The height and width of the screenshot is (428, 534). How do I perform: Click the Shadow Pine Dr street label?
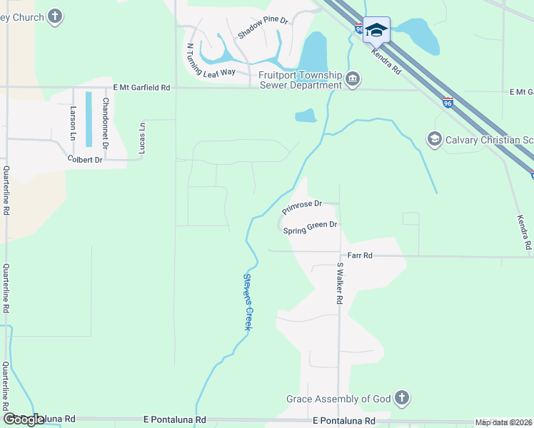tap(263, 27)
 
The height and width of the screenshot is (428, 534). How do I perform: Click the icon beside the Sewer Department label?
tap(352, 78)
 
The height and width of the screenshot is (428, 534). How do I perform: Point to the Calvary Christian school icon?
tap(434, 139)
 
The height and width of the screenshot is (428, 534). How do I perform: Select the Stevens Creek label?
tap(248, 301)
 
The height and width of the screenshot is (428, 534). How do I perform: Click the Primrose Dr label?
tap(302, 207)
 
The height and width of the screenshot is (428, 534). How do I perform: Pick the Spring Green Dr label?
tap(310, 228)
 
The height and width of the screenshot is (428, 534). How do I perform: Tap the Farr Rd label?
tap(360, 255)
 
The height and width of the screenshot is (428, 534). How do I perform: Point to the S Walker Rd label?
tap(340, 283)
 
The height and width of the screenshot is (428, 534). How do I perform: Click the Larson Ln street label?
tap(73, 122)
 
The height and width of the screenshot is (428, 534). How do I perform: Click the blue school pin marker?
tap(376, 31)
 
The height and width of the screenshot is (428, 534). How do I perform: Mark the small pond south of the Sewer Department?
tap(305, 116)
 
